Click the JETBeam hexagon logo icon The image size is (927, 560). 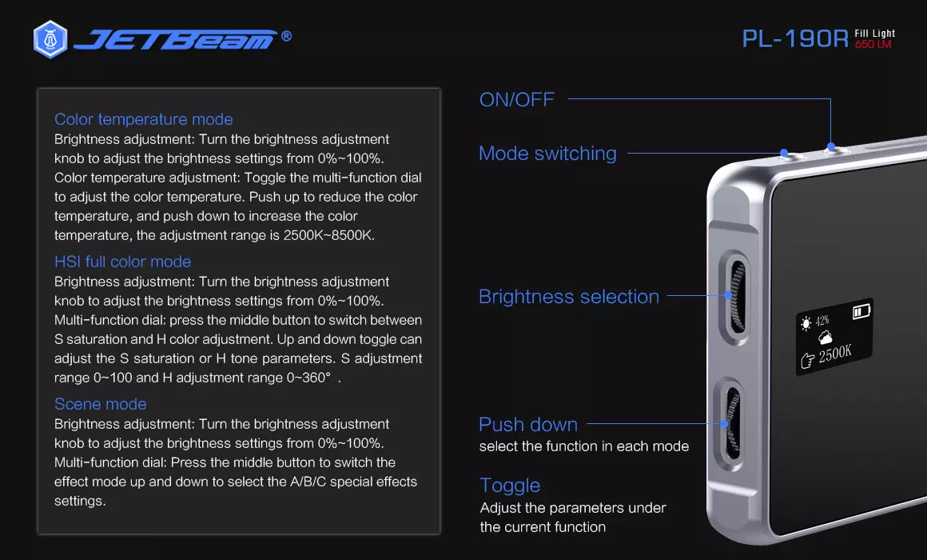click(x=50, y=40)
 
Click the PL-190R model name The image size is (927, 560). click(x=795, y=39)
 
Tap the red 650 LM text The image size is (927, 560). click(x=873, y=44)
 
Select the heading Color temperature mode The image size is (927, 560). click(x=144, y=119)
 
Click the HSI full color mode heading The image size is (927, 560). click(x=123, y=262)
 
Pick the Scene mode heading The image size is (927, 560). click(x=101, y=404)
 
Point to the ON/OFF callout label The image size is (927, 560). click(x=517, y=99)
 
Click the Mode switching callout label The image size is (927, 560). click(x=548, y=154)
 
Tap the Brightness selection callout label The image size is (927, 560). click(x=569, y=297)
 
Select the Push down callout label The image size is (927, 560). click(x=528, y=425)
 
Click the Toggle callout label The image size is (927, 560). click(x=510, y=486)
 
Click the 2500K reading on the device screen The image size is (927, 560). click(x=835, y=354)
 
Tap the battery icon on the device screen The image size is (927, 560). click(x=861, y=311)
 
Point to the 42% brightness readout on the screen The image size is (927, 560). click(x=822, y=321)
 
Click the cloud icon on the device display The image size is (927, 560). click(x=826, y=338)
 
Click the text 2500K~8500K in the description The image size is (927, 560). click(x=328, y=235)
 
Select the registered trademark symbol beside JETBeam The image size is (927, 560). click(x=286, y=36)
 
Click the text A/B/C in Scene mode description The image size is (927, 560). click(x=308, y=482)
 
